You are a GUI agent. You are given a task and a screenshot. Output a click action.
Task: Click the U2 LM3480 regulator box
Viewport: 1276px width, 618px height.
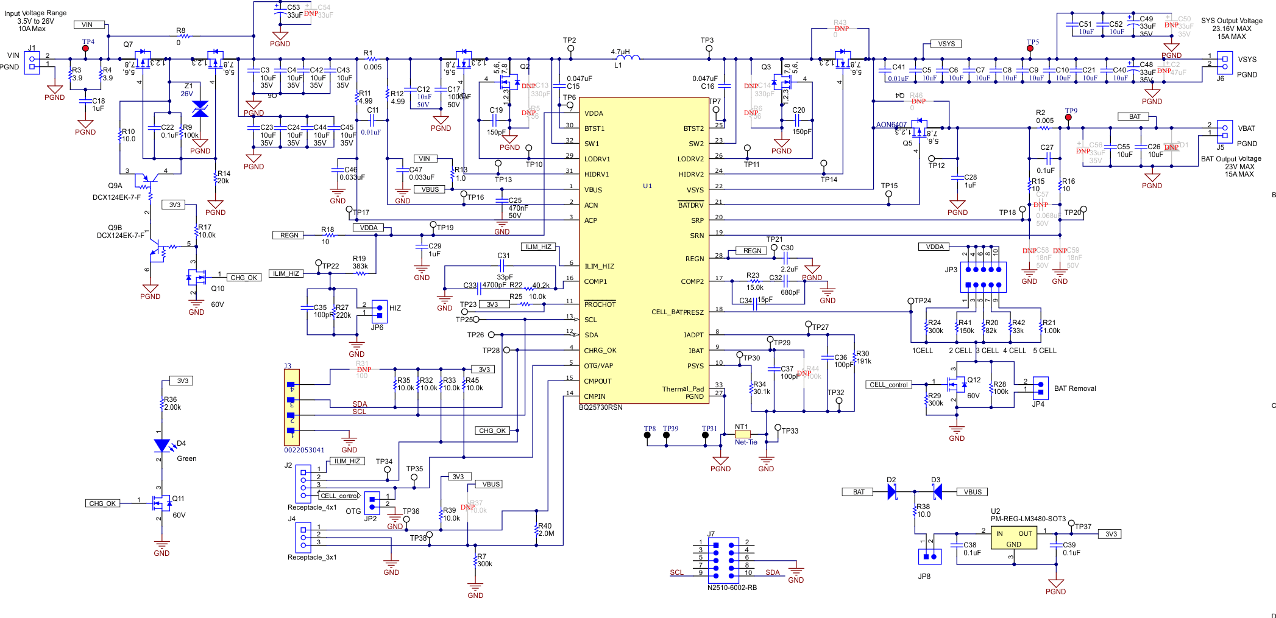pos(1013,538)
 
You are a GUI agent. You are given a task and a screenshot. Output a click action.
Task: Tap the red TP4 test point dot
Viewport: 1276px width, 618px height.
pos(85,49)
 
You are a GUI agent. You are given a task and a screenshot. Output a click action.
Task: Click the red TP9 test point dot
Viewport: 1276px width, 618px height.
pos(1068,118)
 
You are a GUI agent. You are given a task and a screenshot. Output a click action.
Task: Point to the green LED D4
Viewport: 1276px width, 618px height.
pos(161,446)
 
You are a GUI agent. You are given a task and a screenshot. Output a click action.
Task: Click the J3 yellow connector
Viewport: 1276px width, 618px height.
pos(291,407)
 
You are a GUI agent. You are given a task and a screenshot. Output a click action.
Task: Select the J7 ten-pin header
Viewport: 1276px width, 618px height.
pos(723,558)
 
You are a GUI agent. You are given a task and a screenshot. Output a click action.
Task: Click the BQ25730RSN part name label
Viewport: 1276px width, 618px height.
pos(600,407)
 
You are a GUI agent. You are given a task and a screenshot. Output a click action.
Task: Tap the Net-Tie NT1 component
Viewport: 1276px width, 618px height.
pos(742,434)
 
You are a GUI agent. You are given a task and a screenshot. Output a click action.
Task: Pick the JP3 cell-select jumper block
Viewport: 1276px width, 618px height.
pos(983,277)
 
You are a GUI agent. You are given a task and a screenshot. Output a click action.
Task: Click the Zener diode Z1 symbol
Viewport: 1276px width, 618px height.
pos(200,109)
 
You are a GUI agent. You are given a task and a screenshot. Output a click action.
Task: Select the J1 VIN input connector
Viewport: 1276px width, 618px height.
pos(32,63)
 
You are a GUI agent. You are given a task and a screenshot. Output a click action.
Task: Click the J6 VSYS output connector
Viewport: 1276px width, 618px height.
pos(1225,63)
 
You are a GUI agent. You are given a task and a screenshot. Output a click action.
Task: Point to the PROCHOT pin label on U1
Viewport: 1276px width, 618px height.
pos(600,304)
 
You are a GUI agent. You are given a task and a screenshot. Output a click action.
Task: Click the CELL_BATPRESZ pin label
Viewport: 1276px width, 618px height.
pos(677,312)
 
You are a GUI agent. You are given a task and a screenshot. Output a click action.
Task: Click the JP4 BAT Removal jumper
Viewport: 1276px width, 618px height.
pos(1040,387)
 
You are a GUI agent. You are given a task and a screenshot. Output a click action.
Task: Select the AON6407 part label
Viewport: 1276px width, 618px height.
pos(891,125)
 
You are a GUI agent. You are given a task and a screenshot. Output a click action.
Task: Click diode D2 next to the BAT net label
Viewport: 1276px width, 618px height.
pos(891,491)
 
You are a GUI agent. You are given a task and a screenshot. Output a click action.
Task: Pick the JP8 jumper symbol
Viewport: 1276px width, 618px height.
pos(929,556)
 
